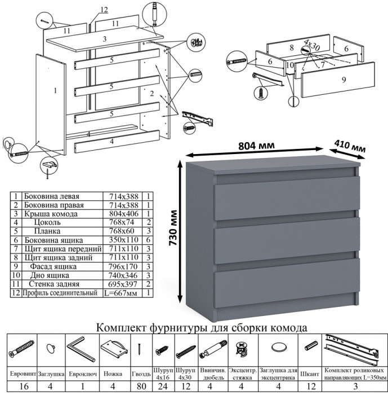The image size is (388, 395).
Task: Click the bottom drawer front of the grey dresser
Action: pyautogui.click(x=287, y=279)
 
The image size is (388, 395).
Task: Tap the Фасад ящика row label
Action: pyautogui.click(x=54, y=266)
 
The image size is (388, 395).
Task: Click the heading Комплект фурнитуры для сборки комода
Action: pyautogui.click(x=202, y=327)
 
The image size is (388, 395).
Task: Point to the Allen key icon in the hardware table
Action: pyautogui.click(x=78, y=348)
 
